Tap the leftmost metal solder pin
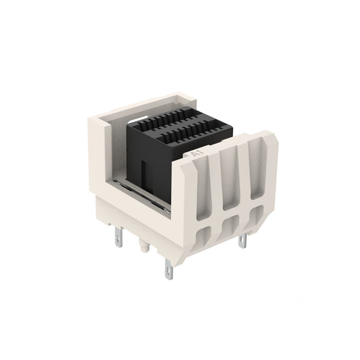coord(119,237)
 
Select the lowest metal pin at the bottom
coord(169,269)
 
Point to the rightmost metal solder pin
coord(242,240)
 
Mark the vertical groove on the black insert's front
coord(143,176)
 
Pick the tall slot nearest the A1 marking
coord(203,188)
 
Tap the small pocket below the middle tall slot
coord(231,224)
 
